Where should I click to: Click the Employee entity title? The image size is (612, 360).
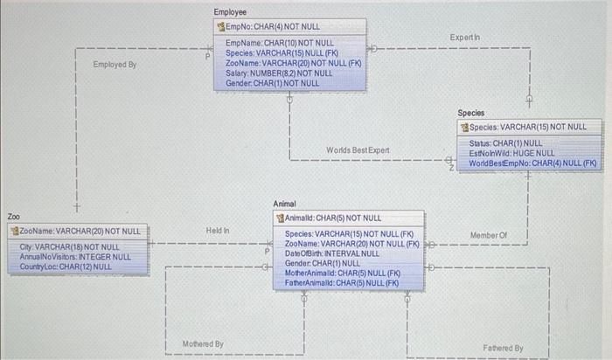click(230, 12)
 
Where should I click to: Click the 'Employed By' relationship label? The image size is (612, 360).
click(115, 65)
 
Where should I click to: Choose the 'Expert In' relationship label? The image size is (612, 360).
click(464, 38)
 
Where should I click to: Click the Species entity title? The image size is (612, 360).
click(471, 114)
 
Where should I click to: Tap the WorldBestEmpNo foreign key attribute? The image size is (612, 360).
click(532, 163)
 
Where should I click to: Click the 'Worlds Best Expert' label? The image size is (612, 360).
click(358, 150)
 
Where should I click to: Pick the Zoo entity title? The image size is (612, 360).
click(14, 216)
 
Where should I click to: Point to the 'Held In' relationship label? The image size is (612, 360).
click(218, 231)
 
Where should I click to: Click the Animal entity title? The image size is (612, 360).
click(285, 204)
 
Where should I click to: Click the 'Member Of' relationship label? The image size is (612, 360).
click(488, 235)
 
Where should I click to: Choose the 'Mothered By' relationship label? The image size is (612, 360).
click(203, 344)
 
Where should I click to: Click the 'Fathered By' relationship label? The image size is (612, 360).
click(503, 348)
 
